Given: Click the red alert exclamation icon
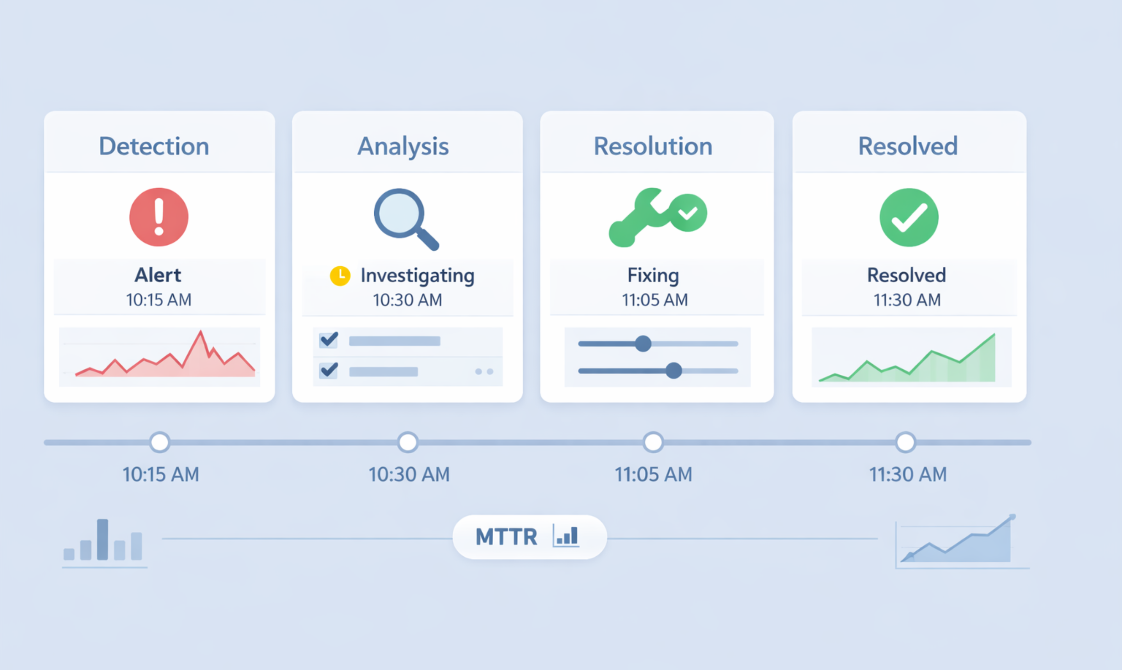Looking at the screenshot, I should [x=159, y=217].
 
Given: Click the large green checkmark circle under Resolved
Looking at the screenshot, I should [x=909, y=217].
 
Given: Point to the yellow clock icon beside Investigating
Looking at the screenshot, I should [x=340, y=275].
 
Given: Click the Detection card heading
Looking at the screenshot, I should [x=154, y=146].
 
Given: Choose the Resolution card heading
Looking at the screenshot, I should [x=653, y=146].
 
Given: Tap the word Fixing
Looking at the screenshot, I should [x=653, y=275].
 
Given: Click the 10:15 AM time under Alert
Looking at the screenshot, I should [x=159, y=300].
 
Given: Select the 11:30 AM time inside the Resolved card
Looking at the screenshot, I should [x=907, y=300].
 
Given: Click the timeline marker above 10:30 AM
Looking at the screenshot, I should [x=408, y=442].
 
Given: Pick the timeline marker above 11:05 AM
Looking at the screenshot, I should [x=653, y=442].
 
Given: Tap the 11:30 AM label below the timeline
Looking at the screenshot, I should [x=908, y=474].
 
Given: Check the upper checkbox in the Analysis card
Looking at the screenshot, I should [x=329, y=340].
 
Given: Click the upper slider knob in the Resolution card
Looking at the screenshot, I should [x=643, y=344].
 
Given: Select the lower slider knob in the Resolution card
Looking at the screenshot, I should [x=674, y=371].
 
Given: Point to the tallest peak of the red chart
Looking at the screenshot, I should [x=201, y=333].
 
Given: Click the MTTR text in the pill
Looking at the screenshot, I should [x=506, y=537].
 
